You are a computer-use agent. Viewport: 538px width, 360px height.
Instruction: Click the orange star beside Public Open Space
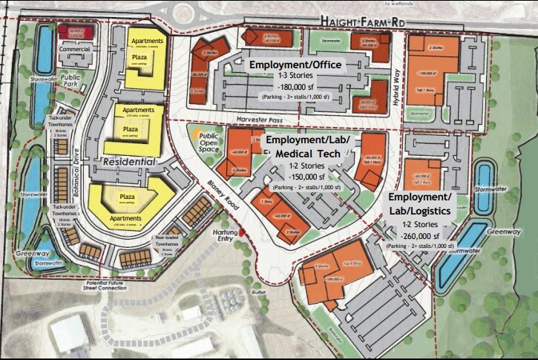click(194, 134)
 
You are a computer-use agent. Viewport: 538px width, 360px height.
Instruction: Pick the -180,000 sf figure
click(295, 87)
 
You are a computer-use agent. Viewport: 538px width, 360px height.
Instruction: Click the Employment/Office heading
click(295, 65)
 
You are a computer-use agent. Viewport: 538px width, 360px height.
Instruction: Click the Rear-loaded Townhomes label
click(169, 242)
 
